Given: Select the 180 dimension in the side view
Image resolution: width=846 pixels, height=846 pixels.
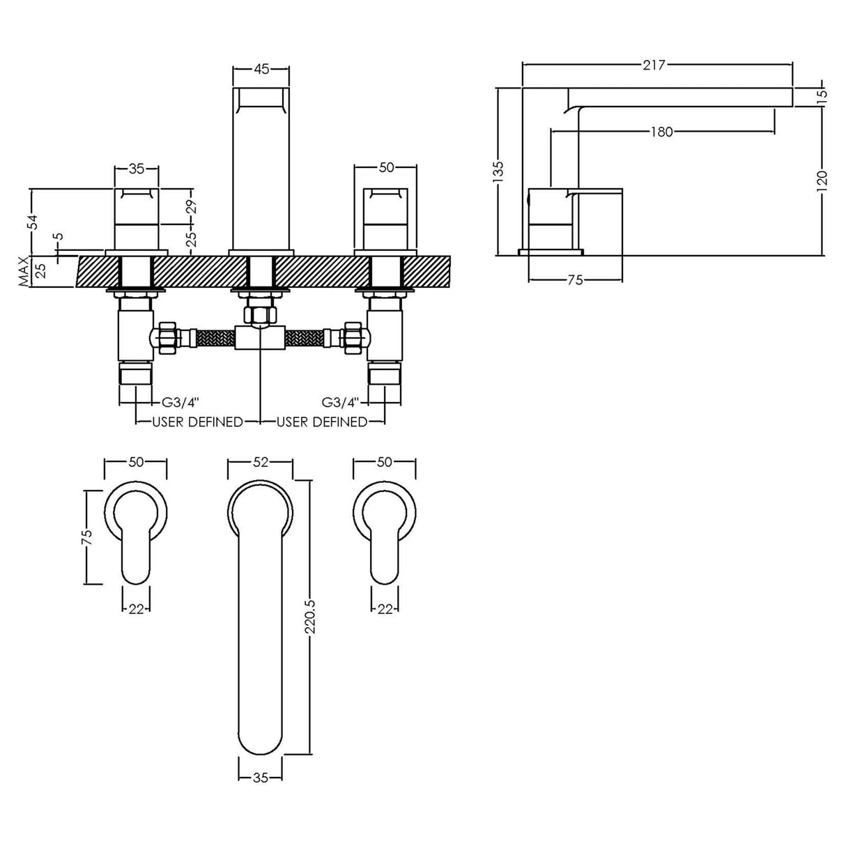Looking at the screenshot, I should coord(661,132).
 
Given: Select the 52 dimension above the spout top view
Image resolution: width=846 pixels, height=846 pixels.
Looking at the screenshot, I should coord(261,462).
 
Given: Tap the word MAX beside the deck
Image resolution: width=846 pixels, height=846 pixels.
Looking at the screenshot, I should coord(24,271).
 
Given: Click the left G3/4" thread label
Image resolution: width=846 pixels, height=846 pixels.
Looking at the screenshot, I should coord(180,402).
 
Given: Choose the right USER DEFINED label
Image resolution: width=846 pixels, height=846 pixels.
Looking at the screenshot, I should coord(322,422).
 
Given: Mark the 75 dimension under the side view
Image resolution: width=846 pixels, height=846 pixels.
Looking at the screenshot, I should coord(575,280).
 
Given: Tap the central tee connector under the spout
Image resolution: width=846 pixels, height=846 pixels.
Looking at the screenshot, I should coord(260,339).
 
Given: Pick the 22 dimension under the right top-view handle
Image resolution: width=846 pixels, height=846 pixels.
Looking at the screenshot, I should coord(385,608).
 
